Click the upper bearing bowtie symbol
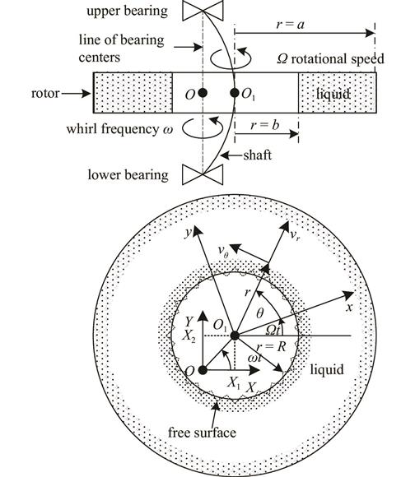point(203,11)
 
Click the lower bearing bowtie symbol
point(203,174)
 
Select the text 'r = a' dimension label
point(290,25)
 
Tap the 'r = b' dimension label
point(264,125)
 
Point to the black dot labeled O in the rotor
point(203,93)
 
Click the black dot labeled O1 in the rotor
point(235,93)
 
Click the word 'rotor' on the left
point(45,93)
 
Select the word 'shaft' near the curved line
point(257,155)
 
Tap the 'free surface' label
point(202,433)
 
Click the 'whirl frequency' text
point(112,128)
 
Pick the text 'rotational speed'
point(338,58)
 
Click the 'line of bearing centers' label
point(121,49)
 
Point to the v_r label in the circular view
point(295,234)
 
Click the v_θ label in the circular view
point(223,252)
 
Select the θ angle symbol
point(259,313)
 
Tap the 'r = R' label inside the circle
point(271,346)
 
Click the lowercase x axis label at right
point(349,307)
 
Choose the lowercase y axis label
point(189,233)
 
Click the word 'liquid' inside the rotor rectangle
point(333,94)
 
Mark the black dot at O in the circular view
point(203,370)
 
